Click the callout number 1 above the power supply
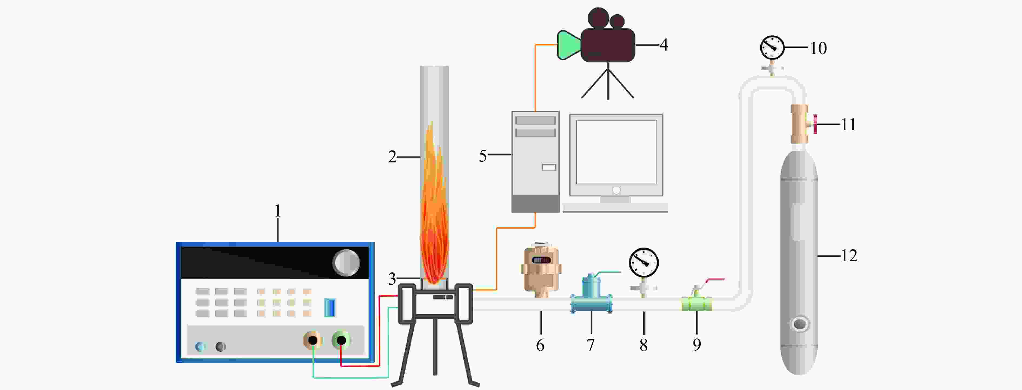click(278, 211)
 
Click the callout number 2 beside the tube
click(392, 157)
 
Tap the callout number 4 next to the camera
click(664, 45)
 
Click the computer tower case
click(535, 162)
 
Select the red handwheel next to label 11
click(815, 124)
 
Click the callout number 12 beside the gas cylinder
click(849, 256)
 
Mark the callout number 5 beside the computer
click(482, 156)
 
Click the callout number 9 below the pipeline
click(697, 345)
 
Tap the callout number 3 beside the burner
click(392, 279)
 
